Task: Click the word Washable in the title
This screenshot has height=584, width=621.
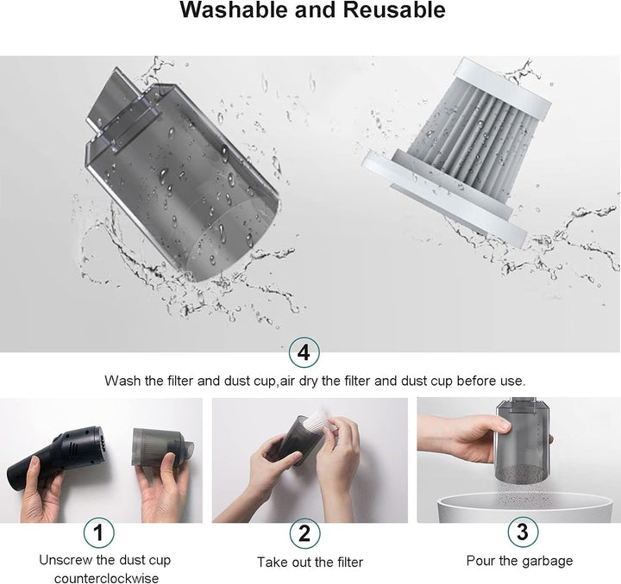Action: coord(234,9)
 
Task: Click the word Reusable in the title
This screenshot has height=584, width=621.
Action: coord(394,9)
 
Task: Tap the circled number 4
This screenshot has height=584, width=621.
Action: coord(304,352)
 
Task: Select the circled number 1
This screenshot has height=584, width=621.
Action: coord(98,532)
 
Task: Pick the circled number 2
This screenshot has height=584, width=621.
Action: coord(304,533)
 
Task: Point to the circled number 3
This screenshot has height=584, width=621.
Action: coord(523,531)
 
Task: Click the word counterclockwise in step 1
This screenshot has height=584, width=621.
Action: coord(107,578)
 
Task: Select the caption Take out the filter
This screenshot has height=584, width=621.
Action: coord(310,562)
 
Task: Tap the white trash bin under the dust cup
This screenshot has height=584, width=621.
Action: coord(524,508)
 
